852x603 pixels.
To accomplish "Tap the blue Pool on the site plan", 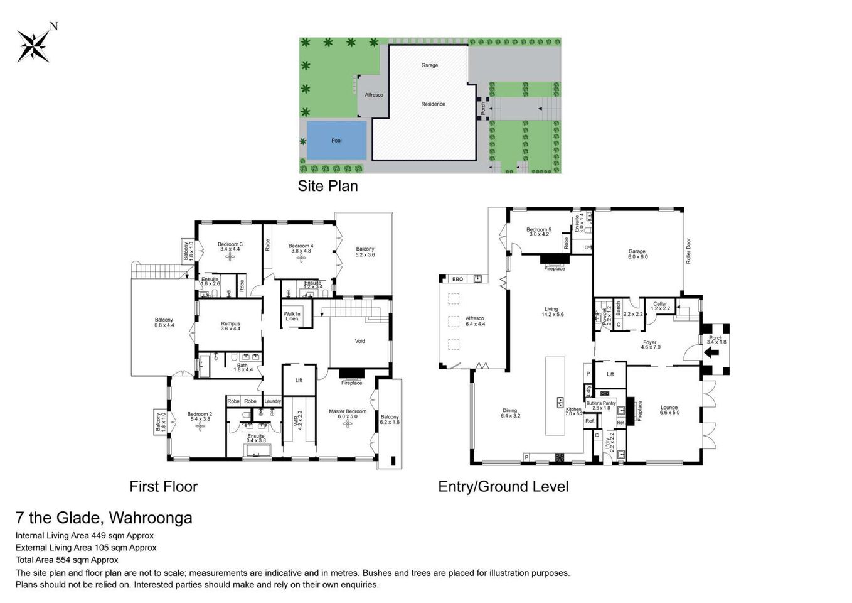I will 336,140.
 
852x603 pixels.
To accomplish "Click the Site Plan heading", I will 327,186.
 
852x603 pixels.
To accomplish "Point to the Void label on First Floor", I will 359,341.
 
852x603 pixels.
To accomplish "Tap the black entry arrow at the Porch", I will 712,352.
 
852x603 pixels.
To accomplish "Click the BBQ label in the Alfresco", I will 457,279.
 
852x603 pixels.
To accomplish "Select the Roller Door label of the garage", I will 688,251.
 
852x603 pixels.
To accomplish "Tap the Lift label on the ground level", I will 610,374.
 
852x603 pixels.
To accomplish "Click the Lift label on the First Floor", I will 299,380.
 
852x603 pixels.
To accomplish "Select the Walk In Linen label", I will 292,316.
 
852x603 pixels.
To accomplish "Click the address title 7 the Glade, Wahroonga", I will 104,518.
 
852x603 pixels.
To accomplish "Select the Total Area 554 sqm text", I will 67,560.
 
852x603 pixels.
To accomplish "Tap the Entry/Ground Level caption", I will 503,487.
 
